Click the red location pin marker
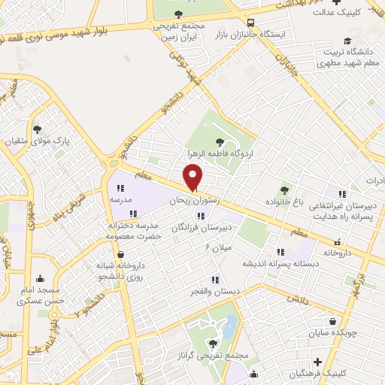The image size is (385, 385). (x=194, y=176)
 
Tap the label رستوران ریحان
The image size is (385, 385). (x=174, y=201)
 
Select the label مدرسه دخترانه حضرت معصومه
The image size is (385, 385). (x=135, y=230)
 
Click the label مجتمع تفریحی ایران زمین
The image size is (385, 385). (x=179, y=31)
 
